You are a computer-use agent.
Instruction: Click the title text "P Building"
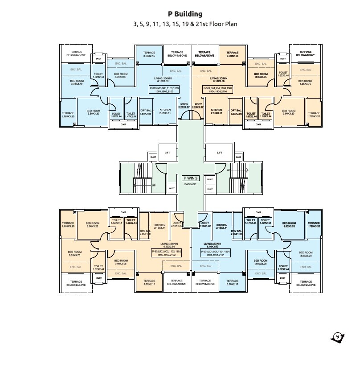coord(185,14)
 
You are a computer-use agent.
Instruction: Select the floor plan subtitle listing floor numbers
coord(185,24)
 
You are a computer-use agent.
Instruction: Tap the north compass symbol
coord(337,337)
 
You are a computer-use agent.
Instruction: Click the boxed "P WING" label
coord(190,178)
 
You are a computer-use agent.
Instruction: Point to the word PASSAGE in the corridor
coord(190,184)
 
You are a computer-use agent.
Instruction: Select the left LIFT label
coord(167,153)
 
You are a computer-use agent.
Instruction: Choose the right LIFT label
coord(219,153)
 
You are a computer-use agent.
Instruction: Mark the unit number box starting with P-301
coord(215,253)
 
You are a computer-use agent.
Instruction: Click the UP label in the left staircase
coord(154,185)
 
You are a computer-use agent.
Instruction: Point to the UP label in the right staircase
coord(229,170)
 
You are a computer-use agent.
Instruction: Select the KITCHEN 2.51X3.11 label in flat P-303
coord(165,112)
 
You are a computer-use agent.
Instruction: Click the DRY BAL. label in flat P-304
coord(236,112)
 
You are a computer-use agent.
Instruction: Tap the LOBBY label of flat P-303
coord(184,106)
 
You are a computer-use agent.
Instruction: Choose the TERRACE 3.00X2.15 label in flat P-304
coord(233,54)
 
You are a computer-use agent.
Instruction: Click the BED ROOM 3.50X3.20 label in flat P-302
coord(92,225)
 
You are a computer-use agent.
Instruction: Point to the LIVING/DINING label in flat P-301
coord(211,245)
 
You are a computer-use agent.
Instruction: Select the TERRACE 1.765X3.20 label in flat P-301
coord(313,225)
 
